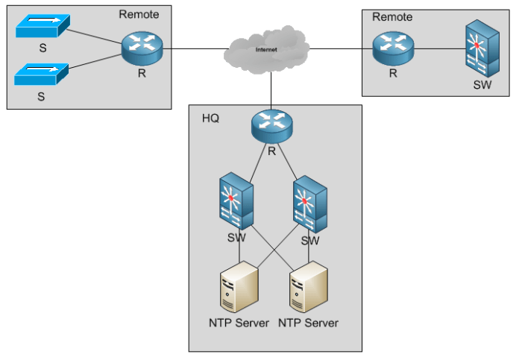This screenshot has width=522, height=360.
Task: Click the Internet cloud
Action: (266, 48)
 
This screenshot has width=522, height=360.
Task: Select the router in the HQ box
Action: (271, 124)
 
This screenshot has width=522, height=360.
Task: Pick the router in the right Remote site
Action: (393, 49)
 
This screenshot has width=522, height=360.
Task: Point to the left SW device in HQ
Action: (238, 202)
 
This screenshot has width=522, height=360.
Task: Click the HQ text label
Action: (211, 119)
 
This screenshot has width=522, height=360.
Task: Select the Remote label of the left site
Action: (139, 14)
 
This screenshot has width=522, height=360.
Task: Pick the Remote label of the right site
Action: (392, 16)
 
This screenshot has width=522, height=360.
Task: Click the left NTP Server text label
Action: (239, 323)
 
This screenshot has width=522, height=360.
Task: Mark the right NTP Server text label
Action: (308, 323)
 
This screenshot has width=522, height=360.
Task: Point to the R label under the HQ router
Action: (271, 151)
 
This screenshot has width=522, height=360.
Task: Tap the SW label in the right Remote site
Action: (482, 85)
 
